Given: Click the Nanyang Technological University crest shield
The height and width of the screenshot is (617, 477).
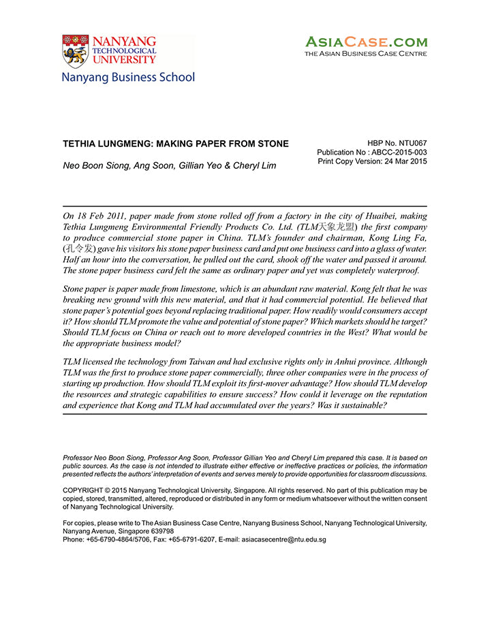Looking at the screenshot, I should point(74,51).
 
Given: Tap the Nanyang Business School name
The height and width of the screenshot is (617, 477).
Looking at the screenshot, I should point(128,77).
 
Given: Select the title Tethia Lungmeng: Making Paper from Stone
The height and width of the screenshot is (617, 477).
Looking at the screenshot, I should point(176,144).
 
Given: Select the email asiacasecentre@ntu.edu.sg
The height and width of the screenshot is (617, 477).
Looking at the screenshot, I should point(284,539).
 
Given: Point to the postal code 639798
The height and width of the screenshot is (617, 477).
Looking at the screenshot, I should point(159,531).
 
